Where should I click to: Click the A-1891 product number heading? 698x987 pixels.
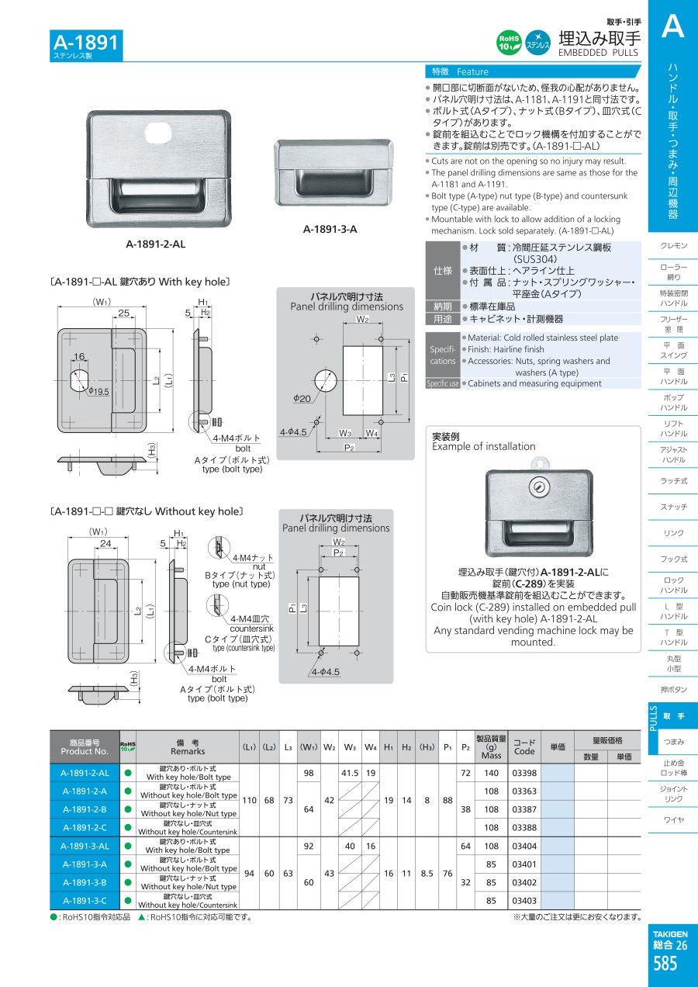coord(86,42)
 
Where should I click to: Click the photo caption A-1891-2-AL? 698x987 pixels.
coord(155,244)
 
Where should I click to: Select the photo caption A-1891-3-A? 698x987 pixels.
coord(330,229)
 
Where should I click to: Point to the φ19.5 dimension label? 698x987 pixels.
coord(98,392)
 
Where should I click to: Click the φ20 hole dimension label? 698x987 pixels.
coord(301,398)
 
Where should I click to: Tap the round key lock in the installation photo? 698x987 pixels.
coord(537,487)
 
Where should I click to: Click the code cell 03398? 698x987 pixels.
coord(524,773)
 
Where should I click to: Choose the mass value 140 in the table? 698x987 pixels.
coord(491,773)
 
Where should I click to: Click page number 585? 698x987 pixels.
coord(665,964)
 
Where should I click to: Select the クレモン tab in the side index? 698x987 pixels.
coord(673,246)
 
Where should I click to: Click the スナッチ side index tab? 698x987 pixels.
coord(673,507)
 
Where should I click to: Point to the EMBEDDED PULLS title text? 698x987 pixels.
coord(597,53)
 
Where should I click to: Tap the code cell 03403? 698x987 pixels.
coord(524,901)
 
